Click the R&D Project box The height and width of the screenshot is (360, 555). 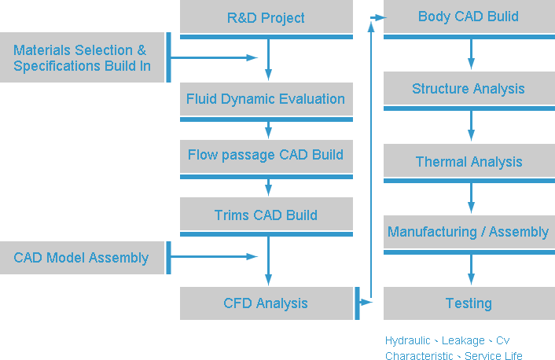coord(266,17)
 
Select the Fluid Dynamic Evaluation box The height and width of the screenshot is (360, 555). coord(266,99)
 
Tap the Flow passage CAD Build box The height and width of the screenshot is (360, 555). coord(266,156)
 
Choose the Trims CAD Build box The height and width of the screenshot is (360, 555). coord(266,214)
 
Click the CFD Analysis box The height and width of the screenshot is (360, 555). coord(266,303)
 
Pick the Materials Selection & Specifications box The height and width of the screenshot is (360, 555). coord(82,57)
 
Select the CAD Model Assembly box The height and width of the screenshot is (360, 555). coord(82,258)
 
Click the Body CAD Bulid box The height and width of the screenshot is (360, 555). coord(469,17)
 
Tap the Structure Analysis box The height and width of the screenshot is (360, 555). coord(469,88)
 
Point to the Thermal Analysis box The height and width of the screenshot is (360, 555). coord(469,160)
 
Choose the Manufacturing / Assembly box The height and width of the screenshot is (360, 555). coord(469,232)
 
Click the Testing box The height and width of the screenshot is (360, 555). coord(469,303)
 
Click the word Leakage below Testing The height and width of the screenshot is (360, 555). coord(463,340)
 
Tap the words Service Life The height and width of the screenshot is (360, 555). coord(494,355)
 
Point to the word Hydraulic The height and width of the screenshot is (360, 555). coord(408,340)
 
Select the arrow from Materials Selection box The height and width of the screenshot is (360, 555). coord(214,57)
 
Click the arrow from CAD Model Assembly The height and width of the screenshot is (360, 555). coord(214,256)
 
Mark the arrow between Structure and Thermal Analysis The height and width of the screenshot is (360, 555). coord(471,126)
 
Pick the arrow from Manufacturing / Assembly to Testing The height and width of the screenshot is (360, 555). coord(471,270)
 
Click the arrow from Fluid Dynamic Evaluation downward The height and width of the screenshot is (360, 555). coord(268,130)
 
